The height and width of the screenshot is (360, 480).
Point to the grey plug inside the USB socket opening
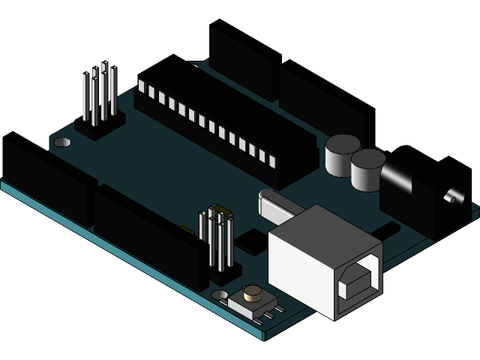tap(359, 283)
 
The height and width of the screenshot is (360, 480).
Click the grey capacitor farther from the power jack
tap(342, 155)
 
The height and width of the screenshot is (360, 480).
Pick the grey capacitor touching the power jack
tap(367, 169)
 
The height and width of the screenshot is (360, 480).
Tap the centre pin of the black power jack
tap(450, 198)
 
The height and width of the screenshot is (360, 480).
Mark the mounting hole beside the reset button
tap(219, 295)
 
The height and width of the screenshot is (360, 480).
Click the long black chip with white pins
tap(217, 124)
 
